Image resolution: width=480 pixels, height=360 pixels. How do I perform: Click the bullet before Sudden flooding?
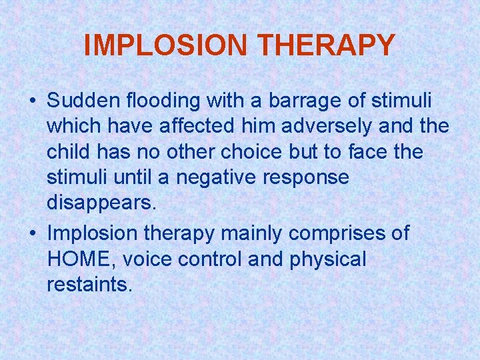click(x=32, y=101)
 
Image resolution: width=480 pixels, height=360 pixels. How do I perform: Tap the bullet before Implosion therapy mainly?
click(x=32, y=233)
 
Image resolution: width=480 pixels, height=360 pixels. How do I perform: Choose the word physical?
click(x=328, y=259)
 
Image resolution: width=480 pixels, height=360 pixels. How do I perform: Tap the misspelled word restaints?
click(x=90, y=284)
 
